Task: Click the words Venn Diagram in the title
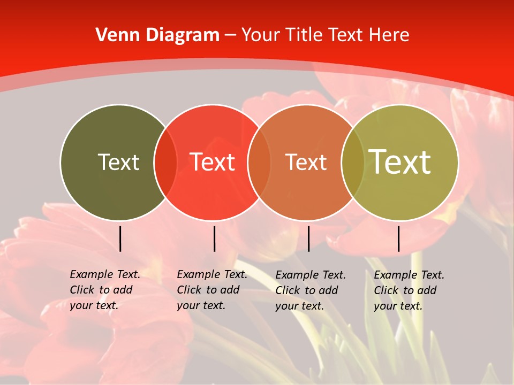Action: tap(157, 35)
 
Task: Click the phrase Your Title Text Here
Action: tap(326, 35)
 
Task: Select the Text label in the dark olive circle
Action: tap(118, 162)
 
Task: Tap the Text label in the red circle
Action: tap(213, 162)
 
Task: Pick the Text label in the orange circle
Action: tap(306, 162)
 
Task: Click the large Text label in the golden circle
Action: tap(400, 161)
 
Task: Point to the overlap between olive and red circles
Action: tap(165, 162)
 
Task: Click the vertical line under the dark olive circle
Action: tap(120, 238)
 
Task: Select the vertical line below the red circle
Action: tap(214, 238)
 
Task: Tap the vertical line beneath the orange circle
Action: tap(308, 238)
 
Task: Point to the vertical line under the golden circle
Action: tap(399, 238)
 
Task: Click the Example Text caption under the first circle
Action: tap(105, 274)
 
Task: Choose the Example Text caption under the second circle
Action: tap(212, 274)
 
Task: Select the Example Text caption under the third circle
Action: tap(311, 275)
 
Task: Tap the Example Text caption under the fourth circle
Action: tap(409, 275)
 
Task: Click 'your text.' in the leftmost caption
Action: tap(94, 305)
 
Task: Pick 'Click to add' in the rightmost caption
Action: tap(405, 290)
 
